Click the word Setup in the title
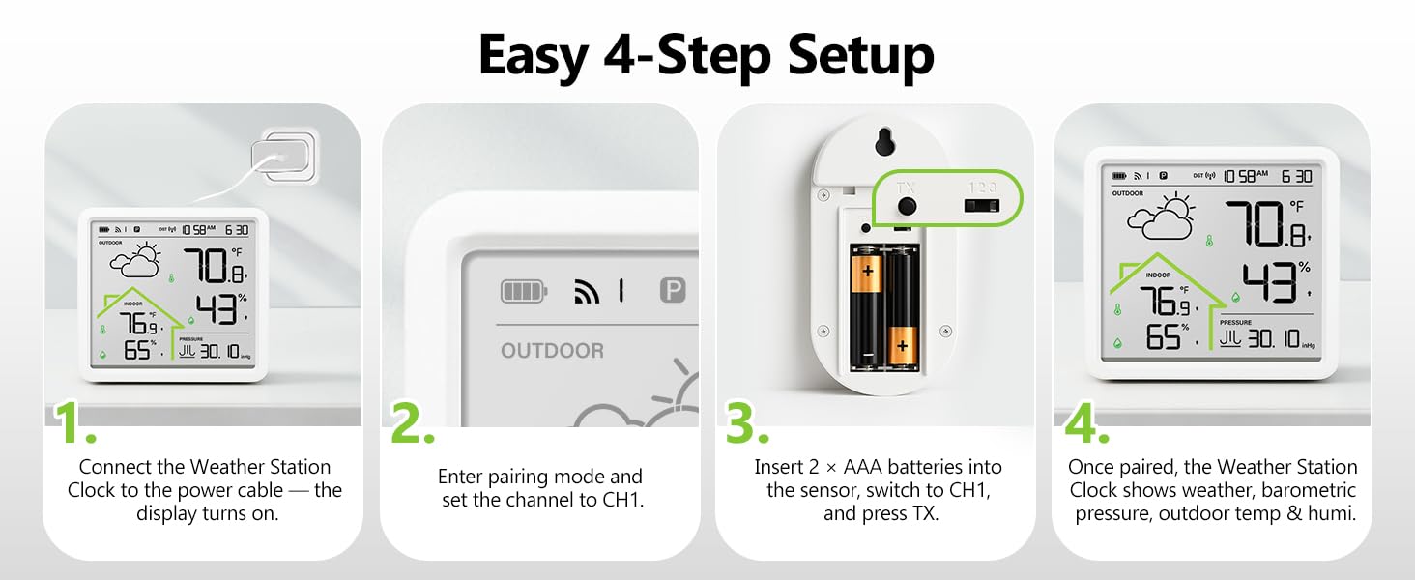point(860,56)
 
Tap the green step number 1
point(75,422)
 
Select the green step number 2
point(413,422)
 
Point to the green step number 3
point(747,422)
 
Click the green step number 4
point(1086,422)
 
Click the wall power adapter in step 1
point(283,157)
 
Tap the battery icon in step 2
point(524,291)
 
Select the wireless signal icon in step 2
point(587,292)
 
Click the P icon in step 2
point(672,291)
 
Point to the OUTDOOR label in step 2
point(552,351)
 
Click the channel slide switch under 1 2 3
point(982,205)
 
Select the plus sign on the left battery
point(868,271)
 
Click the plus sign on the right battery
point(902,346)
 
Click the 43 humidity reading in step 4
point(1270,282)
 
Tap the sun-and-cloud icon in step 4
point(1161,216)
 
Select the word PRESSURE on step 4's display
point(1235,322)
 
